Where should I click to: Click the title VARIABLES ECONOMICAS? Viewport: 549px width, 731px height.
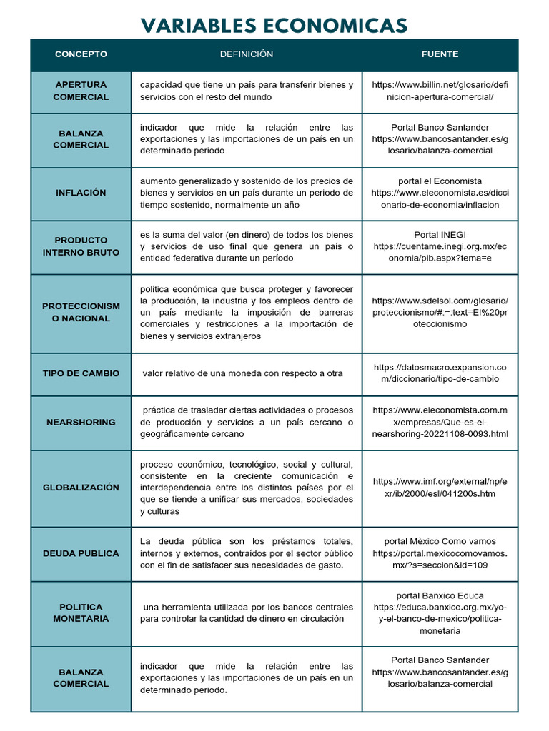coord(274,26)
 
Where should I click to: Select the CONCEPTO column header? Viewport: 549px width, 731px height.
coord(81,54)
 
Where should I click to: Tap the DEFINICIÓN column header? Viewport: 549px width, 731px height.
coord(246,54)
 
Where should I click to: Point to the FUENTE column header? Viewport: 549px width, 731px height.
coord(440,54)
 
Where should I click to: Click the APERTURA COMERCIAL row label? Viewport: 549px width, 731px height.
coord(81,91)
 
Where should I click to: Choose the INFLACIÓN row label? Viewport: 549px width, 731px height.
coord(81,193)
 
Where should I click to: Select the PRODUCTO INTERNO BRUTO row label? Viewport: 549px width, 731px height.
coord(81,246)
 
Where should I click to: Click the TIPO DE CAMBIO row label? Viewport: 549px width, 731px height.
coord(81,373)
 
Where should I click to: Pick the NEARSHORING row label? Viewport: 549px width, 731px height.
coord(81,422)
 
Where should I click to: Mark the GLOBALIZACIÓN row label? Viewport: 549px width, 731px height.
coord(81,488)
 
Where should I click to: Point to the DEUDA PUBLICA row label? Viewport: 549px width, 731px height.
coord(81,553)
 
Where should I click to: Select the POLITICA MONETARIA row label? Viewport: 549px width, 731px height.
coord(81,612)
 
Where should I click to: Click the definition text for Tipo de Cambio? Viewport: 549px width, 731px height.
coord(242,373)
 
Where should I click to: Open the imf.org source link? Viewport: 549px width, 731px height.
coord(440,488)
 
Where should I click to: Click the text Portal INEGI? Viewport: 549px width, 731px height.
coord(440,235)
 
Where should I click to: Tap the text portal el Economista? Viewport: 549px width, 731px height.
coord(440,181)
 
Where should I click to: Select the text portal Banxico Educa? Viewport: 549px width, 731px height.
coord(440,595)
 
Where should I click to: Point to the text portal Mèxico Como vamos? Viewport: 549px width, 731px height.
coord(440,542)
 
